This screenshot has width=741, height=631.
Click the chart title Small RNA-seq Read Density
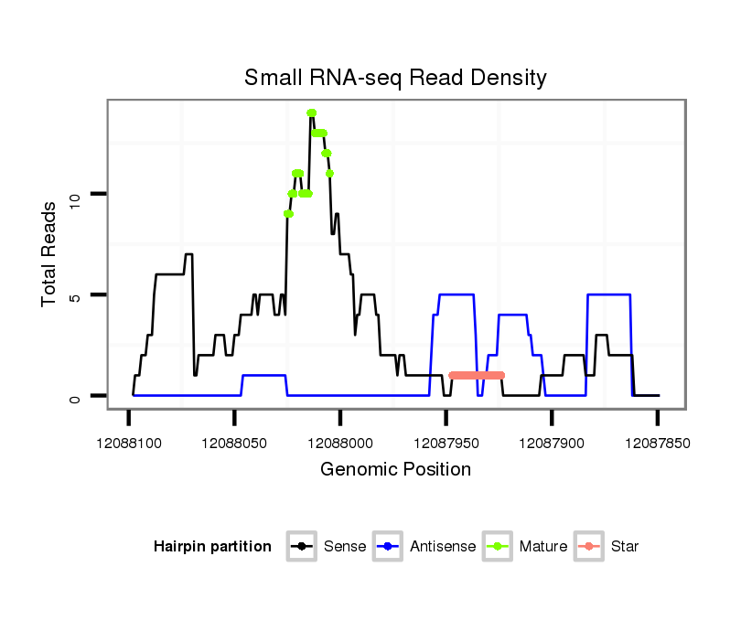click(395, 78)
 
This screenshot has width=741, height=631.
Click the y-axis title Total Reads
click(50, 255)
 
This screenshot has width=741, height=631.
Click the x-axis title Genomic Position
click(395, 470)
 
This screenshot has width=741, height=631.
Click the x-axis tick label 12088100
click(128, 443)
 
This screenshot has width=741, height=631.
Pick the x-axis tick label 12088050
click(234, 443)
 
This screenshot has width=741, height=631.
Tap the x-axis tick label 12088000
click(340, 443)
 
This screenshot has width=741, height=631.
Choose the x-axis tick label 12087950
click(446, 443)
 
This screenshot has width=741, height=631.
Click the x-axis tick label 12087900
click(552, 443)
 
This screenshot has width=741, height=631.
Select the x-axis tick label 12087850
click(657, 443)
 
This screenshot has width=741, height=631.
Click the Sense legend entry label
click(345, 547)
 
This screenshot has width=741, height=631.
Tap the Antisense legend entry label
click(443, 547)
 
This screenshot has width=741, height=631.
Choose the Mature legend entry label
click(543, 547)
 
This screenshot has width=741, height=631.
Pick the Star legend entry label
click(625, 547)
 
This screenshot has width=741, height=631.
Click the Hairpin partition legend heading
click(212, 547)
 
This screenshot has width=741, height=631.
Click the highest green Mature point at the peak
click(311, 113)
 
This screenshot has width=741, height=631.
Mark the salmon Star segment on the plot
click(477, 375)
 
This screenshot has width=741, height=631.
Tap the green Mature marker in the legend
click(499, 547)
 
